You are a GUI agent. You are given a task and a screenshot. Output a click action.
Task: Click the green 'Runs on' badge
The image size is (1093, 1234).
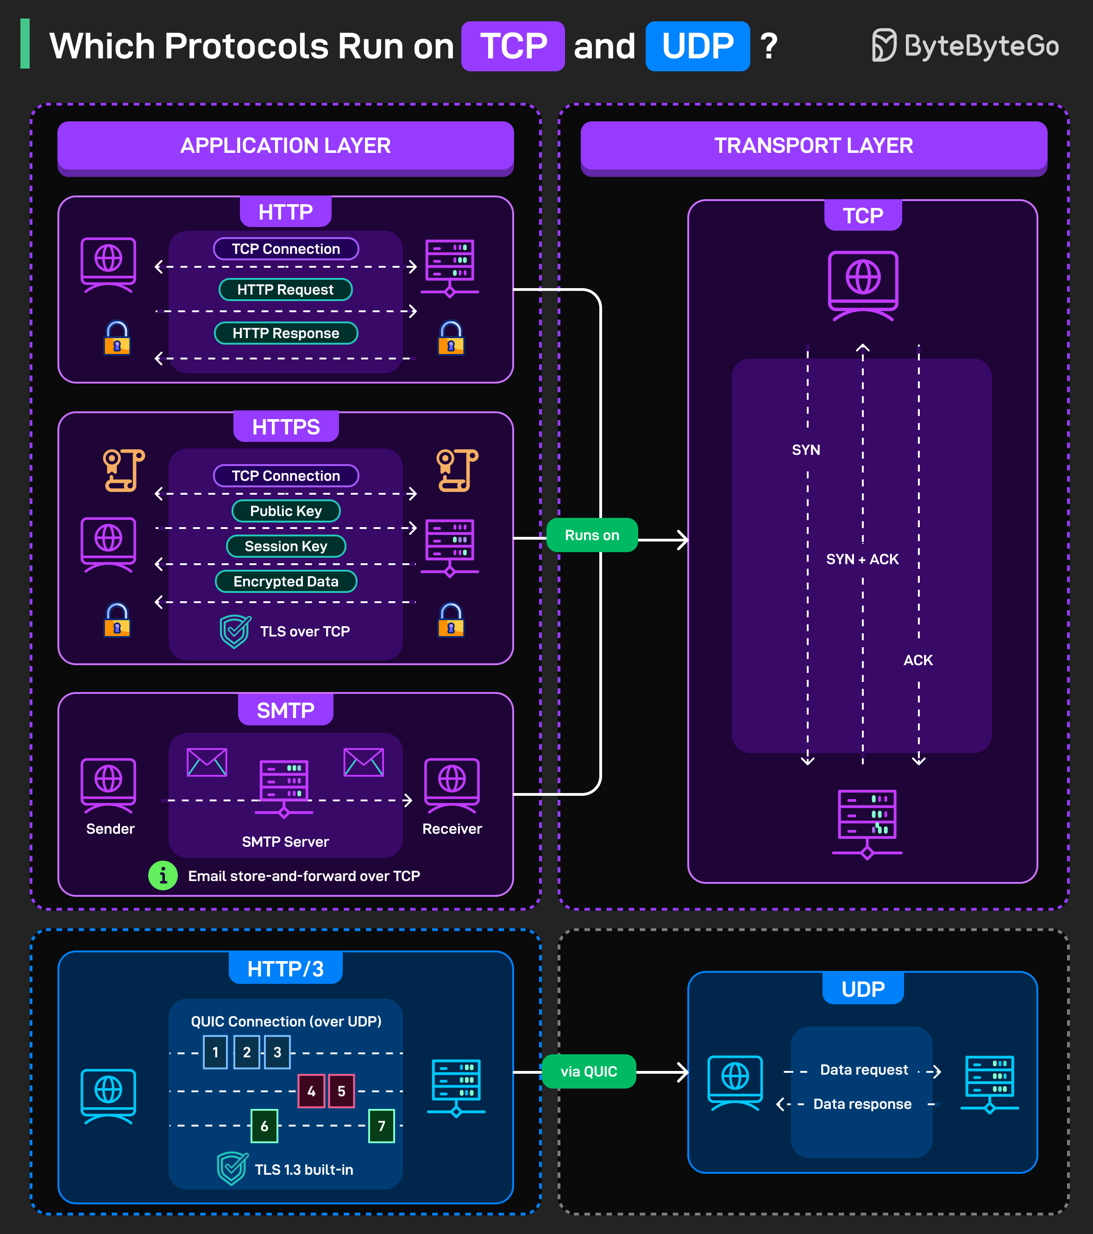tap(591, 535)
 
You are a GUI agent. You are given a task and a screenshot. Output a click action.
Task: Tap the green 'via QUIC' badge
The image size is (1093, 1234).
tap(589, 1071)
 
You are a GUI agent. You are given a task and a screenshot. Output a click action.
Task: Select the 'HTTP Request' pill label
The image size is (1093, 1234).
tap(285, 290)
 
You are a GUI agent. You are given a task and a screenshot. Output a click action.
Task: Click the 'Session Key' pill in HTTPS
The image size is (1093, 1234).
tap(285, 547)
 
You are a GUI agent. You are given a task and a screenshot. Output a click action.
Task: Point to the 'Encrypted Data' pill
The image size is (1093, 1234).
tap(285, 581)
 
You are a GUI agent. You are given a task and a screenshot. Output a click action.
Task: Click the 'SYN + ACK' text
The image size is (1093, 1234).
tap(862, 559)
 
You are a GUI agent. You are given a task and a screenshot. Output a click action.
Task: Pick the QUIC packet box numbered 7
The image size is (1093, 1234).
tap(382, 1126)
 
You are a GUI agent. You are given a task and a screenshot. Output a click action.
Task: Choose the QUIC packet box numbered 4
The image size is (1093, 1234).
tap(311, 1091)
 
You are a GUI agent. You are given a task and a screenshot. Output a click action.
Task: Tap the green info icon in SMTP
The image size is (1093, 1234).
tap(163, 875)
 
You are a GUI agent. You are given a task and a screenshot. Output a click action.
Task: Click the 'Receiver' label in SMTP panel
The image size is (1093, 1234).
tap(452, 829)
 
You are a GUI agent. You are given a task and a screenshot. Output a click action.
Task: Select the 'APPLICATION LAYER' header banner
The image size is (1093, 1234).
tap(285, 145)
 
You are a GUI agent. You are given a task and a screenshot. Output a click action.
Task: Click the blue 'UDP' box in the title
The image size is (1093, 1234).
tap(697, 46)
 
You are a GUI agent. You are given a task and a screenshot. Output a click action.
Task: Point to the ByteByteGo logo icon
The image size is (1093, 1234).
tap(884, 45)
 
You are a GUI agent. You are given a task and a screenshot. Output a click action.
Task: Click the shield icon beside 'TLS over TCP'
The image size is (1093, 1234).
tap(235, 631)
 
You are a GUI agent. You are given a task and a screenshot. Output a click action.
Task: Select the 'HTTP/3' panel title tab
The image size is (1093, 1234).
tap(285, 969)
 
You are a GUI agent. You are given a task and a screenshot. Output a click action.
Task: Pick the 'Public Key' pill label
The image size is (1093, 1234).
tap(285, 511)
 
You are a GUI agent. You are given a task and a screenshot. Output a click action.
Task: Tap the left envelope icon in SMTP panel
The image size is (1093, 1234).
tap(207, 762)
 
